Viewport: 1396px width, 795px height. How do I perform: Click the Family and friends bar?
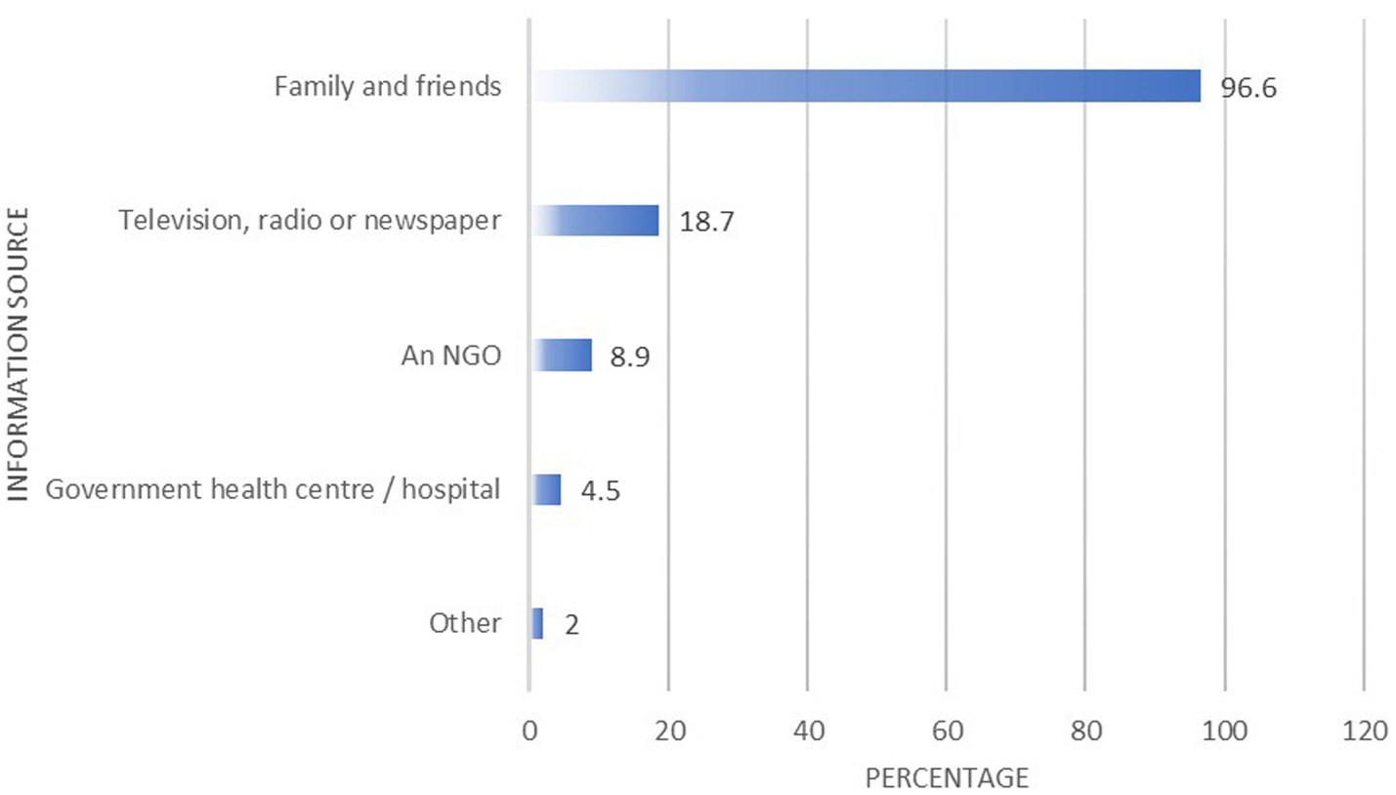point(866,86)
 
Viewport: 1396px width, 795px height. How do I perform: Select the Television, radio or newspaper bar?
point(596,221)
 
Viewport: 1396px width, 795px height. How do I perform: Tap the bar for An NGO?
point(562,355)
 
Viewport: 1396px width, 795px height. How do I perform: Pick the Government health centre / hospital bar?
point(546,489)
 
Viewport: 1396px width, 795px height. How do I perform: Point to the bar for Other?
point(536,623)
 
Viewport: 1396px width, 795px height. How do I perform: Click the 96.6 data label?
point(1248,88)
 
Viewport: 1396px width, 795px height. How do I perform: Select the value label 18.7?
point(700,222)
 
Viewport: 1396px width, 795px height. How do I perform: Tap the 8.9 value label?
point(630,356)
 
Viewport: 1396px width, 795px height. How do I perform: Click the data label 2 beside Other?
point(571,624)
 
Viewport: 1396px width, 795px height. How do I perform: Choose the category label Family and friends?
point(388,87)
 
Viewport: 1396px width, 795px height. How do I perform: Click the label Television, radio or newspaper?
point(311,221)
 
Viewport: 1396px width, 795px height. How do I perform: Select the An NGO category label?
point(450,356)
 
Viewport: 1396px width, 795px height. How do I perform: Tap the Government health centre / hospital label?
point(274,489)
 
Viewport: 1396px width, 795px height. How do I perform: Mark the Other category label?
point(465,624)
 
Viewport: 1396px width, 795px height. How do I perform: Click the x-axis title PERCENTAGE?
point(947,778)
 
